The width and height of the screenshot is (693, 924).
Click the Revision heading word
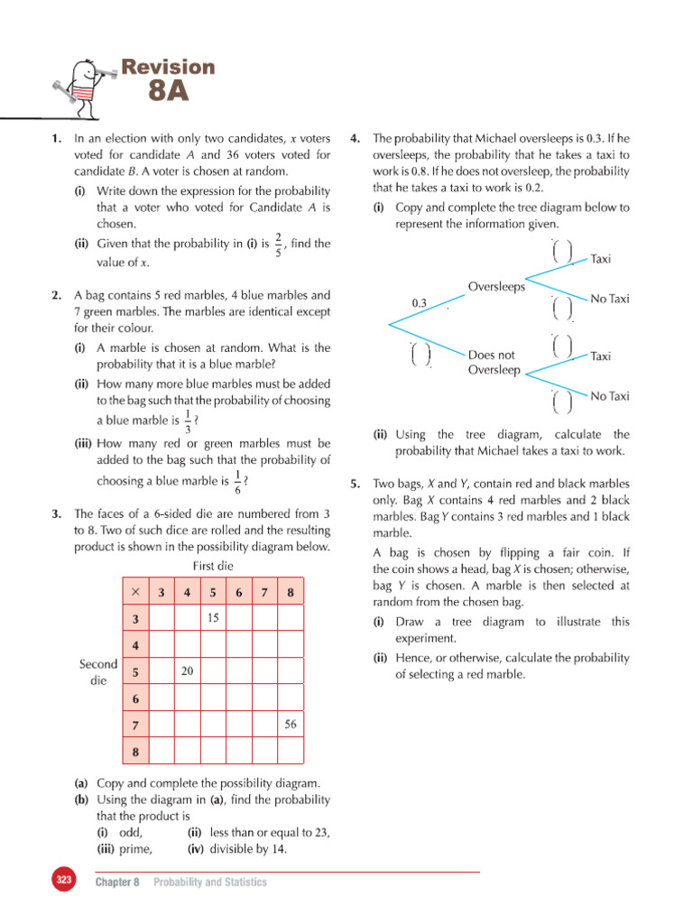pyautogui.click(x=169, y=67)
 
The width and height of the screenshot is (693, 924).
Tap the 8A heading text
pyautogui.click(x=169, y=91)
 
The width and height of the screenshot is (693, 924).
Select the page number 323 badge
pyautogui.click(x=62, y=881)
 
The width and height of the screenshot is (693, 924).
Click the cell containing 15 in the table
pyautogui.click(x=214, y=618)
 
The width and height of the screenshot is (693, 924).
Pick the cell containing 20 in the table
pyautogui.click(x=188, y=671)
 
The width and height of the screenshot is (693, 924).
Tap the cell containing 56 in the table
pyautogui.click(x=291, y=724)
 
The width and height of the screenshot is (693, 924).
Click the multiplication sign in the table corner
pyautogui.click(x=135, y=592)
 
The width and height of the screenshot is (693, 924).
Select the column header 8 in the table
pyautogui.click(x=291, y=592)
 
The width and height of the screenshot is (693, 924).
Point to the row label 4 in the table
pyautogui.click(x=135, y=645)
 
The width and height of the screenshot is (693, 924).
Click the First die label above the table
pyautogui.click(x=213, y=566)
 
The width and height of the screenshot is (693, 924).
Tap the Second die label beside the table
pyautogui.click(x=98, y=672)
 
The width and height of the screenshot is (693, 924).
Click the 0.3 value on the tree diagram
pyautogui.click(x=419, y=303)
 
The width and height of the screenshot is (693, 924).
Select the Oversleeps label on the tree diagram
pyautogui.click(x=496, y=287)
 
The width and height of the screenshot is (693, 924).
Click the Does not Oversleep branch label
pyautogui.click(x=493, y=363)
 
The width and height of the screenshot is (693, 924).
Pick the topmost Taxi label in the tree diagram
pyautogui.click(x=600, y=259)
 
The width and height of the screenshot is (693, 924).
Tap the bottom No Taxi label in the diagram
pyautogui.click(x=609, y=395)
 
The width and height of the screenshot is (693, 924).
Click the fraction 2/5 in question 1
pyautogui.click(x=279, y=244)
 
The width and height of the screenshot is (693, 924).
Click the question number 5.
pyautogui.click(x=356, y=484)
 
